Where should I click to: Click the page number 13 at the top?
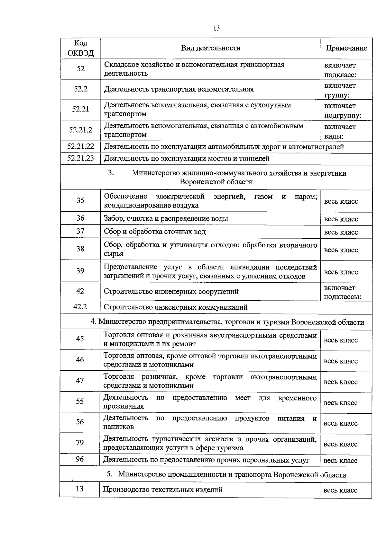[x=216, y=28]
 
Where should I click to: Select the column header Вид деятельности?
[x=210, y=48]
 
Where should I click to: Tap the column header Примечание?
[x=346, y=48]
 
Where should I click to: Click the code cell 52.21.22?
[x=80, y=146]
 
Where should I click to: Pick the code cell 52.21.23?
[x=80, y=158]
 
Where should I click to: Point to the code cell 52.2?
[x=80, y=89]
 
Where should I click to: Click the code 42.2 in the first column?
[x=80, y=306]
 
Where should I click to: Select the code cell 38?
[x=80, y=249]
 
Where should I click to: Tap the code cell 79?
[x=80, y=443]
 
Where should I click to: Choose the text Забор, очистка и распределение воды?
[x=166, y=218]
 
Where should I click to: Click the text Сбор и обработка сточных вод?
[x=154, y=232]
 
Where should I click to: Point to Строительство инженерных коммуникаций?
[x=175, y=307]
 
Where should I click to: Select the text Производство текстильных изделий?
[x=162, y=490]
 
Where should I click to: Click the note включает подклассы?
[x=342, y=292]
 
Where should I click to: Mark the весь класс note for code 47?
[x=340, y=382]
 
